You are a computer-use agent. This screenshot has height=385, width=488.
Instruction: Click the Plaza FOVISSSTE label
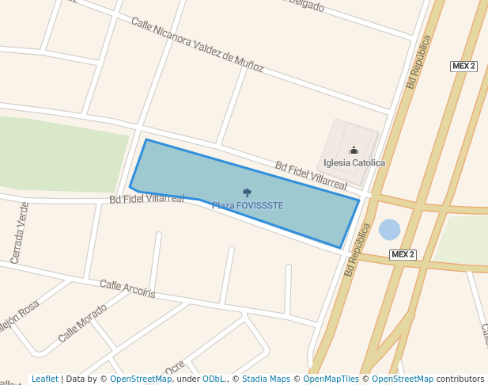(x=247, y=206)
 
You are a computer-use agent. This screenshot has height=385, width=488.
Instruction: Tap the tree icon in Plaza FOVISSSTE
(x=247, y=192)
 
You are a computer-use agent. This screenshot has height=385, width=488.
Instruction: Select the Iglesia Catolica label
(x=354, y=163)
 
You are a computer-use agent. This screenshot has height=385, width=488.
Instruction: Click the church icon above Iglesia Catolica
(x=354, y=150)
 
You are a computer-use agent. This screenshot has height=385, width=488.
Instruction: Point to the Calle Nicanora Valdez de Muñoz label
(x=197, y=45)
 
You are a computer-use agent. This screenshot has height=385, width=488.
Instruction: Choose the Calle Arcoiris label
(x=127, y=289)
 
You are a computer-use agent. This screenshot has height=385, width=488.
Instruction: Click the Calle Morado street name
(x=82, y=323)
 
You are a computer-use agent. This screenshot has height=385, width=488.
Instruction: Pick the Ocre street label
(x=175, y=368)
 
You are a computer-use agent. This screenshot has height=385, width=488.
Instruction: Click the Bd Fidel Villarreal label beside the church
(x=311, y=175)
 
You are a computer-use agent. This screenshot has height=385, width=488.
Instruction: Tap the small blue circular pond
(x=389, y=230)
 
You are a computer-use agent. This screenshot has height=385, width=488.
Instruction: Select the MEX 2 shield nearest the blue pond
(x=403, y=254)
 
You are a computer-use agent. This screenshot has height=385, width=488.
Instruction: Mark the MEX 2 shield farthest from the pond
(x=463, y=66)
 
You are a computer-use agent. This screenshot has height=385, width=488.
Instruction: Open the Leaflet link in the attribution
(x=44, y=379)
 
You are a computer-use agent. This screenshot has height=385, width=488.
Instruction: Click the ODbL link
(x=214, y=379)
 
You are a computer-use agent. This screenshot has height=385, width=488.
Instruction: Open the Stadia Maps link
(x=266, y=379)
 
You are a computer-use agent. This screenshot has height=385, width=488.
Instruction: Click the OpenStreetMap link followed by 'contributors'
(x=403, y=379)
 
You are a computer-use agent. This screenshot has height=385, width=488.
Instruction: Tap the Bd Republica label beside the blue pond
(x=357, y=249)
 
